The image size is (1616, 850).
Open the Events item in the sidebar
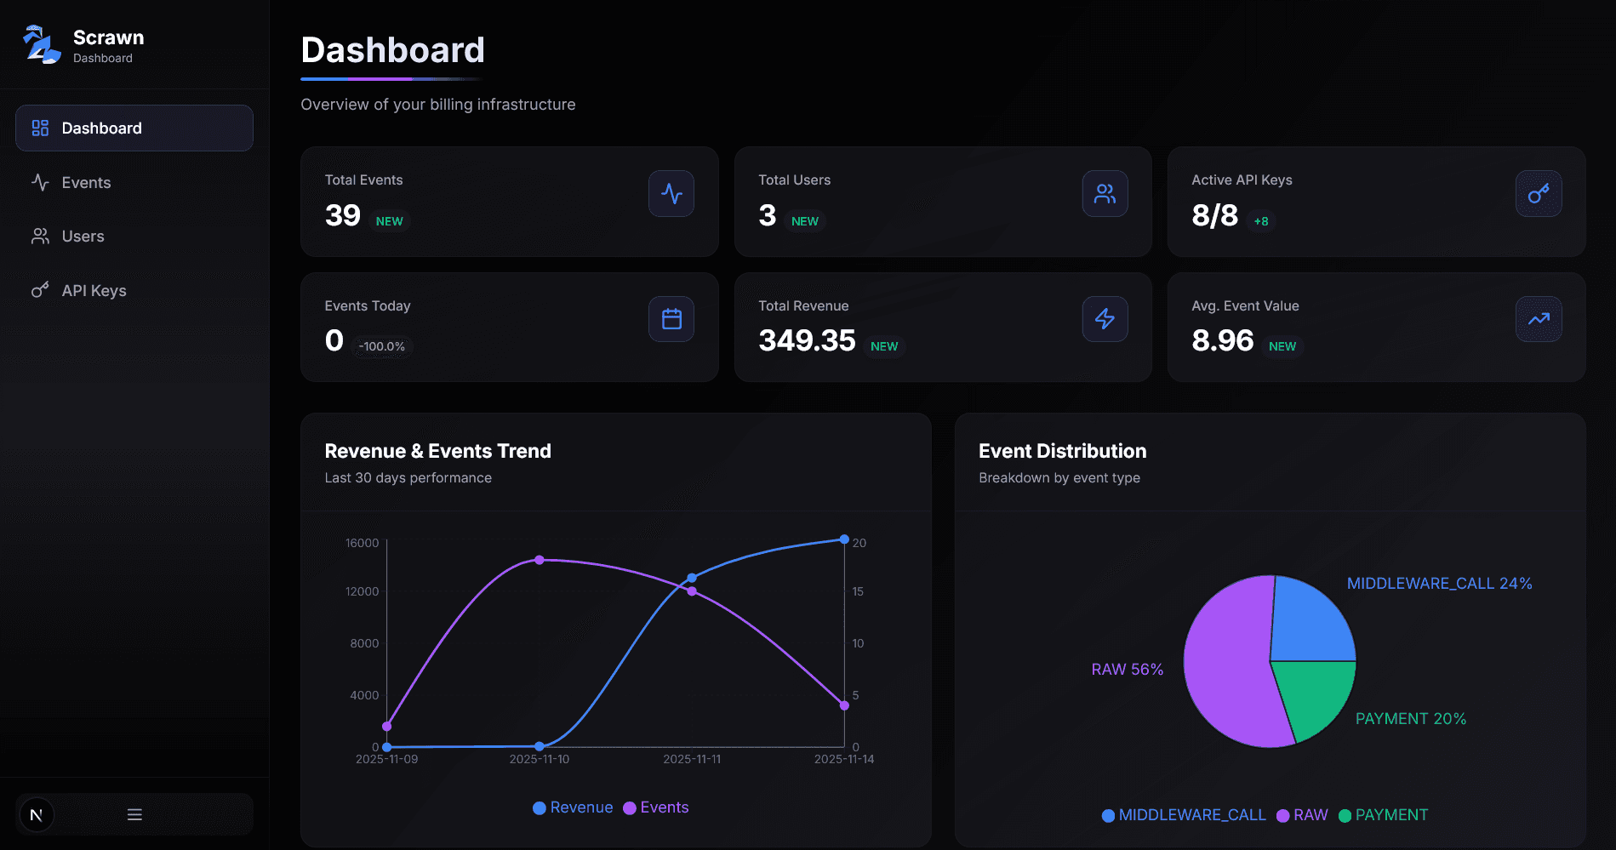tap(85, 183)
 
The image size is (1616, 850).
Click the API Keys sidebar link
tap(94, 291)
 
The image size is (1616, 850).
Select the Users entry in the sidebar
tap(83, 237)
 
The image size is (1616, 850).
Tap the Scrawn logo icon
tap(41, 45)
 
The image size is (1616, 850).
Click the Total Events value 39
tap(343, 216)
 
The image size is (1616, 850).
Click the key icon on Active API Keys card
tap(1538, 194)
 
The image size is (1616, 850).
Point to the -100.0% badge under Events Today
tap(382, 347)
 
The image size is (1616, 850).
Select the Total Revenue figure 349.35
tap(807, 341)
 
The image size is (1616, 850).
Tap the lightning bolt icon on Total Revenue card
tap(1105, 319)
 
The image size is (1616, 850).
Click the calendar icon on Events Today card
tap(671, 319)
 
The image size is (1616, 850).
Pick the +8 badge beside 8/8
tap(1261, 222)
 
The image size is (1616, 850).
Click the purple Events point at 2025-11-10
tap(540, 560)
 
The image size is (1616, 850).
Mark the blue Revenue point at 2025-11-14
tap(844, 539)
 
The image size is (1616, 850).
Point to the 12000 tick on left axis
tap(363, 591)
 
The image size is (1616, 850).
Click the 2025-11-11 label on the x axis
tap(692, 759)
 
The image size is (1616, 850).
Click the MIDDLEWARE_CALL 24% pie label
tap(1439, 584)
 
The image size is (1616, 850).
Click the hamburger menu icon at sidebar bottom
tap(134, 814)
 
